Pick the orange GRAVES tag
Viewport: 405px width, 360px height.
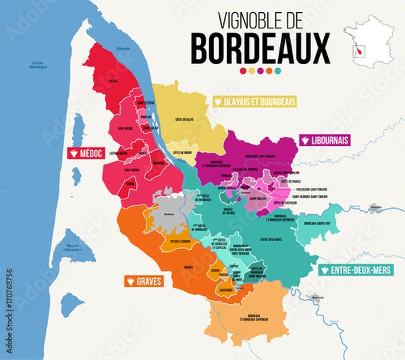[x=143, y=280]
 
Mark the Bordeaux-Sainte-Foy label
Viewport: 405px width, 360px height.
[x=319, y=224]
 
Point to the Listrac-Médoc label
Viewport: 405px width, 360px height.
[x=128, y=155]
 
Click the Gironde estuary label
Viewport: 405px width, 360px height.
[x=123, y=49]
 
